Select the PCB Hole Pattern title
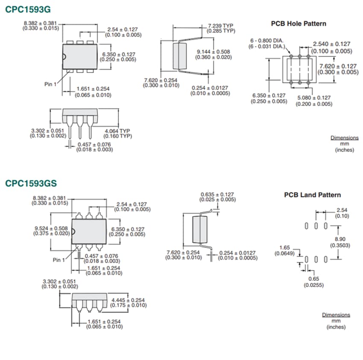click(x=299, y=23)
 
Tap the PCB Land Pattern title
click(x=313, y=195)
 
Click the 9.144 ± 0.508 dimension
click(x=213, y=52)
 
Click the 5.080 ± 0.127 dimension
click(x=314, y=98)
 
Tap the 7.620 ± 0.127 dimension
click(x=338, y=66)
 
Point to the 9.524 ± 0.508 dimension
click(x=51, y=228)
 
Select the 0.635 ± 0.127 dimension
click(x=218, y=194)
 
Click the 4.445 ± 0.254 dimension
click(x=128, y=300)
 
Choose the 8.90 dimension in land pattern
click(x=340, y=240)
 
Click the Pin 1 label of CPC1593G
click(x=50, y=84)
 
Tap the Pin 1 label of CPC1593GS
click(x=59, y=260)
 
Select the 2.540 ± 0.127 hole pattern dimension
click(x=331, y=44)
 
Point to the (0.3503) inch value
click(x=340, y=245)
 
